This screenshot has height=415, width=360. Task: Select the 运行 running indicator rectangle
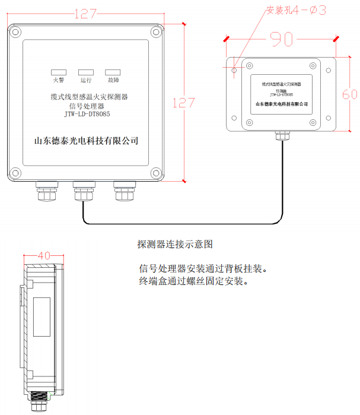(x=85, y=71)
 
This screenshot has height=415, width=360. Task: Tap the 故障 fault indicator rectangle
(x=113, y=71)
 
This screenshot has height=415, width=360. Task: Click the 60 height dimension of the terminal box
(x=350, y=94)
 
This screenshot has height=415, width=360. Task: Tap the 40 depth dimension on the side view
(x=44, y=255)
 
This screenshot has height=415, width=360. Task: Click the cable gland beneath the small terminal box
(x=281, y=136)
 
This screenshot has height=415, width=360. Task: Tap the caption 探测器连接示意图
(x=174, y=244)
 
